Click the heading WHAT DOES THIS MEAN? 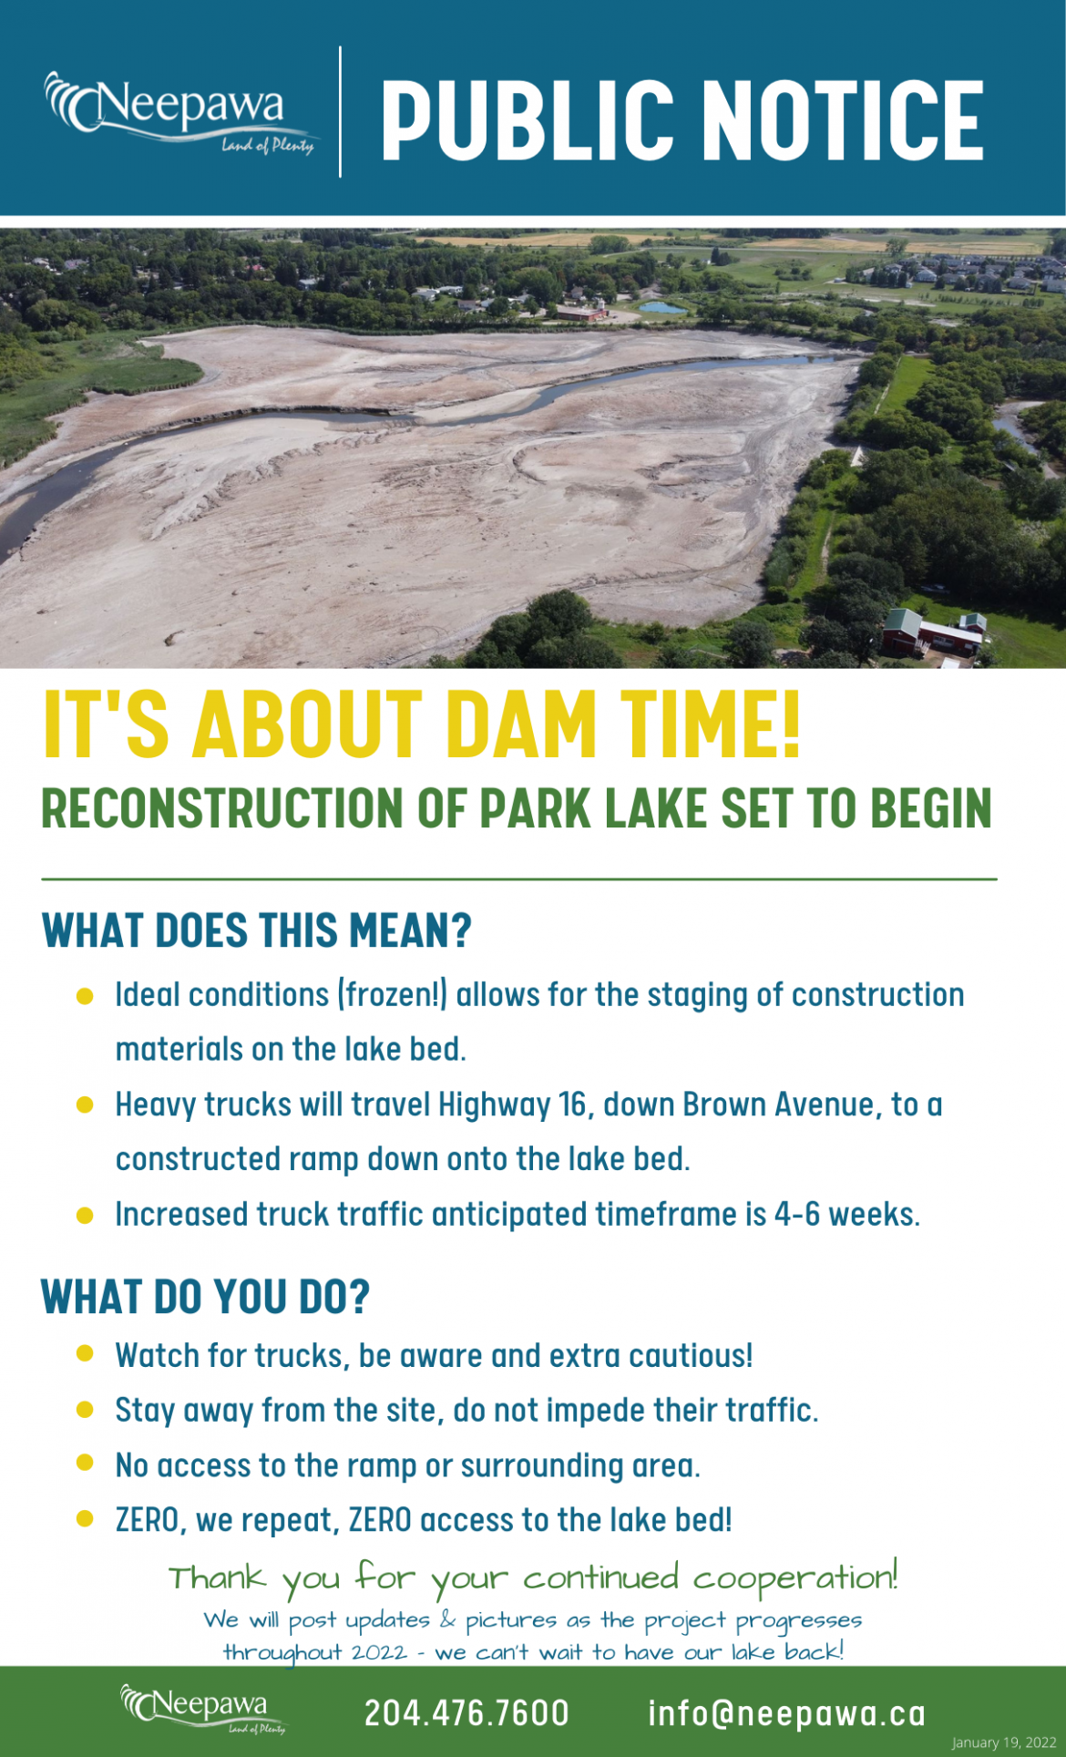[257, 930]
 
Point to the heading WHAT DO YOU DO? [206, 1296]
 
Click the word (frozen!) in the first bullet [393, 995]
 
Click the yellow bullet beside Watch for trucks [85, 1353]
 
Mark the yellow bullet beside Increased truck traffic [85, 1215]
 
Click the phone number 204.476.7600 [466, 1713]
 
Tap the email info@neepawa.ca [786, 1713]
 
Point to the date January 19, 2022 [1003, 1742]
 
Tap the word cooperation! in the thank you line [795, 1577]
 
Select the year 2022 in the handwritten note [379, 1652]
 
